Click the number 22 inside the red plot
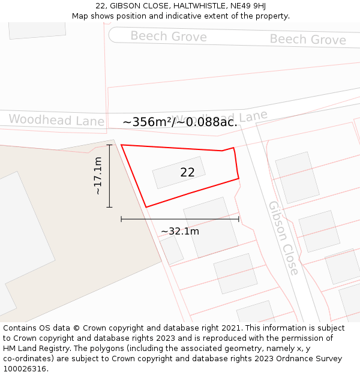[187, 173]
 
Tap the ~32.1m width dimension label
[180, 231]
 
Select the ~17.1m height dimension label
[98, 176]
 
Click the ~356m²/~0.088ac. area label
[180, 122]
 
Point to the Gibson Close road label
[283, 238]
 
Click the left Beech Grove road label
[169, 37]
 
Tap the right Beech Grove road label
[308, 40]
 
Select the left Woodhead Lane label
[56, 120]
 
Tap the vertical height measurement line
[109, 176]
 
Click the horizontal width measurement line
[180, 220]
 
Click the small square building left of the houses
[172, 250]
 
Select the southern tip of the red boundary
[146, 207]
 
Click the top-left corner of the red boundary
[122, 145]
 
